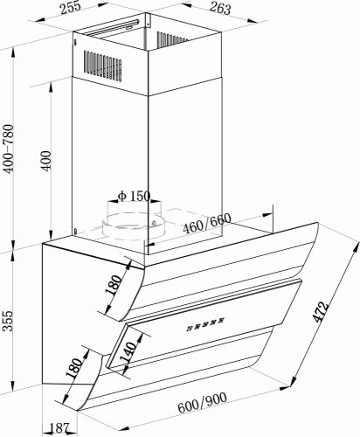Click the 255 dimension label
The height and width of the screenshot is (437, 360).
click(x=71, y=8)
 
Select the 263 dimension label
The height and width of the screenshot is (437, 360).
click(x=220, y=8)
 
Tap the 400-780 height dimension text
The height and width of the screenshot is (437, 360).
click(x=8, y=149)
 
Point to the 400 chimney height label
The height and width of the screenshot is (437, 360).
click(x=45, y=161)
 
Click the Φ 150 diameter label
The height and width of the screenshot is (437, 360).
click(x=135, y=196)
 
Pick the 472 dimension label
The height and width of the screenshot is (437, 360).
click(x=321, y=312)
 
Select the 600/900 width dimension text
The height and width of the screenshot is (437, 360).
click(x=203, y=403)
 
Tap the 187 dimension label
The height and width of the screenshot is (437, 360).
click(x=59, y=428)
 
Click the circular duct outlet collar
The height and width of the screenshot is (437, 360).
click(x=132, y=226)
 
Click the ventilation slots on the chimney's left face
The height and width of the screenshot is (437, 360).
click(x=103, y=66)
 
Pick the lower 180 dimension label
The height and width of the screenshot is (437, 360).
click(x=74, y=368)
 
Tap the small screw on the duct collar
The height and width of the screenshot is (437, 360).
click(x=154, y=223)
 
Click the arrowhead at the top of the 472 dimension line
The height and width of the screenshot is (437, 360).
click(x=356, y=247)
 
